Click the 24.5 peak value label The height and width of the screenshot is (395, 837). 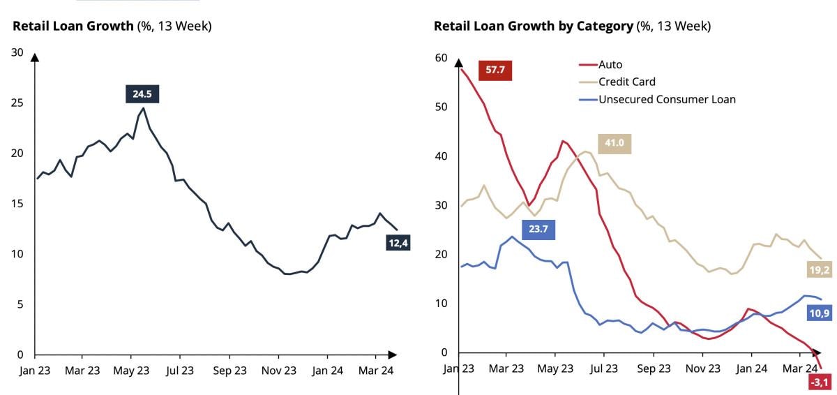142,94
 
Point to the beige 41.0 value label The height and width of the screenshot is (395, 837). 614,143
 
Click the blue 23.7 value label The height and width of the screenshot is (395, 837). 538,230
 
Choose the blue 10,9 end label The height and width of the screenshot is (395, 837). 820,313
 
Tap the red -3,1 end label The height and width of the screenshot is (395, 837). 820,382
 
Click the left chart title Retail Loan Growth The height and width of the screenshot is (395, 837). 73,27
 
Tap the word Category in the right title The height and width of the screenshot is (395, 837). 606,27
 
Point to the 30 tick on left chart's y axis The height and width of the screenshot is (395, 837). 17,52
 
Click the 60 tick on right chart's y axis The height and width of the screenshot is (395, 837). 440,57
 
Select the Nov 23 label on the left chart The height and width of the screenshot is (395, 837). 279,371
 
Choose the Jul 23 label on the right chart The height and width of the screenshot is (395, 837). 605,368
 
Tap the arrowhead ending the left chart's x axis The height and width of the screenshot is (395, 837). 392,355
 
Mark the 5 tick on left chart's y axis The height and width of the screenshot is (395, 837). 20,304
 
